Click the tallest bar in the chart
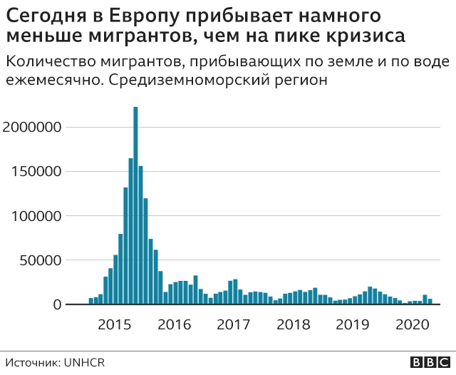(135, 207)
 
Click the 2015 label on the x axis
(113, 325)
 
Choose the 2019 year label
(351, 325)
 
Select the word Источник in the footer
(33, 362)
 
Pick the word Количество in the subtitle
(46, 61)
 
